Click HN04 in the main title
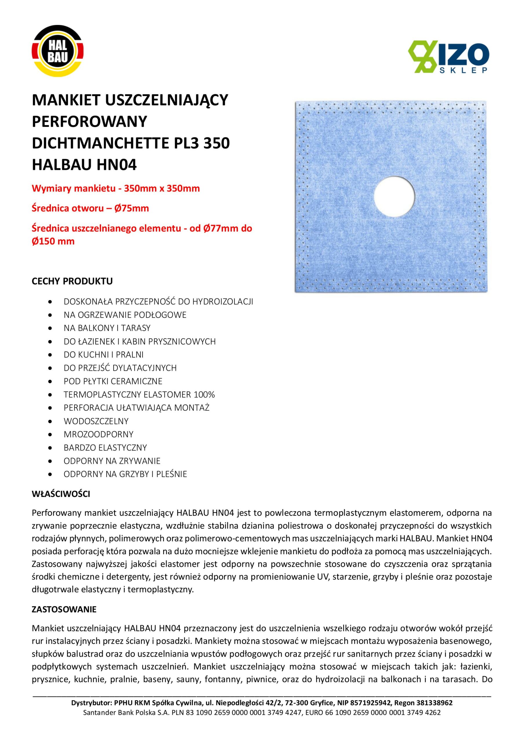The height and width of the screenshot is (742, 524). pyautogui.click(x=117, y=165)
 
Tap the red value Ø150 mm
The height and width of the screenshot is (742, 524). pyautogui.click(x=53, y=241)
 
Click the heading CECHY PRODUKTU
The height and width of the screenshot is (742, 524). pyautogui.click(x=72, y=281)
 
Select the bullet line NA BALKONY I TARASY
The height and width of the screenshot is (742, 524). pyautogui.click(x=107, y=328)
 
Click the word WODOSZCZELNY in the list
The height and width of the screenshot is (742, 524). pyautogui.click(x=96, y=421)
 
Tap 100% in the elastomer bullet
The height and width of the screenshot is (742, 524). pyautogui.click(x=204, y=394)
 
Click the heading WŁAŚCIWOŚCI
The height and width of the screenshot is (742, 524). pyautogui.click(x=61, y=494)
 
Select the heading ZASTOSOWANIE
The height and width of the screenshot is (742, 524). pyautogui.click(x=64, y=610)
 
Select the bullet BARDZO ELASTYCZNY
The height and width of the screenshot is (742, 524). pyautogui.click(x=105, y=448)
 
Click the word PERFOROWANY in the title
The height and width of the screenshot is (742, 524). pyautogui.click(x=90, y=121)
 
